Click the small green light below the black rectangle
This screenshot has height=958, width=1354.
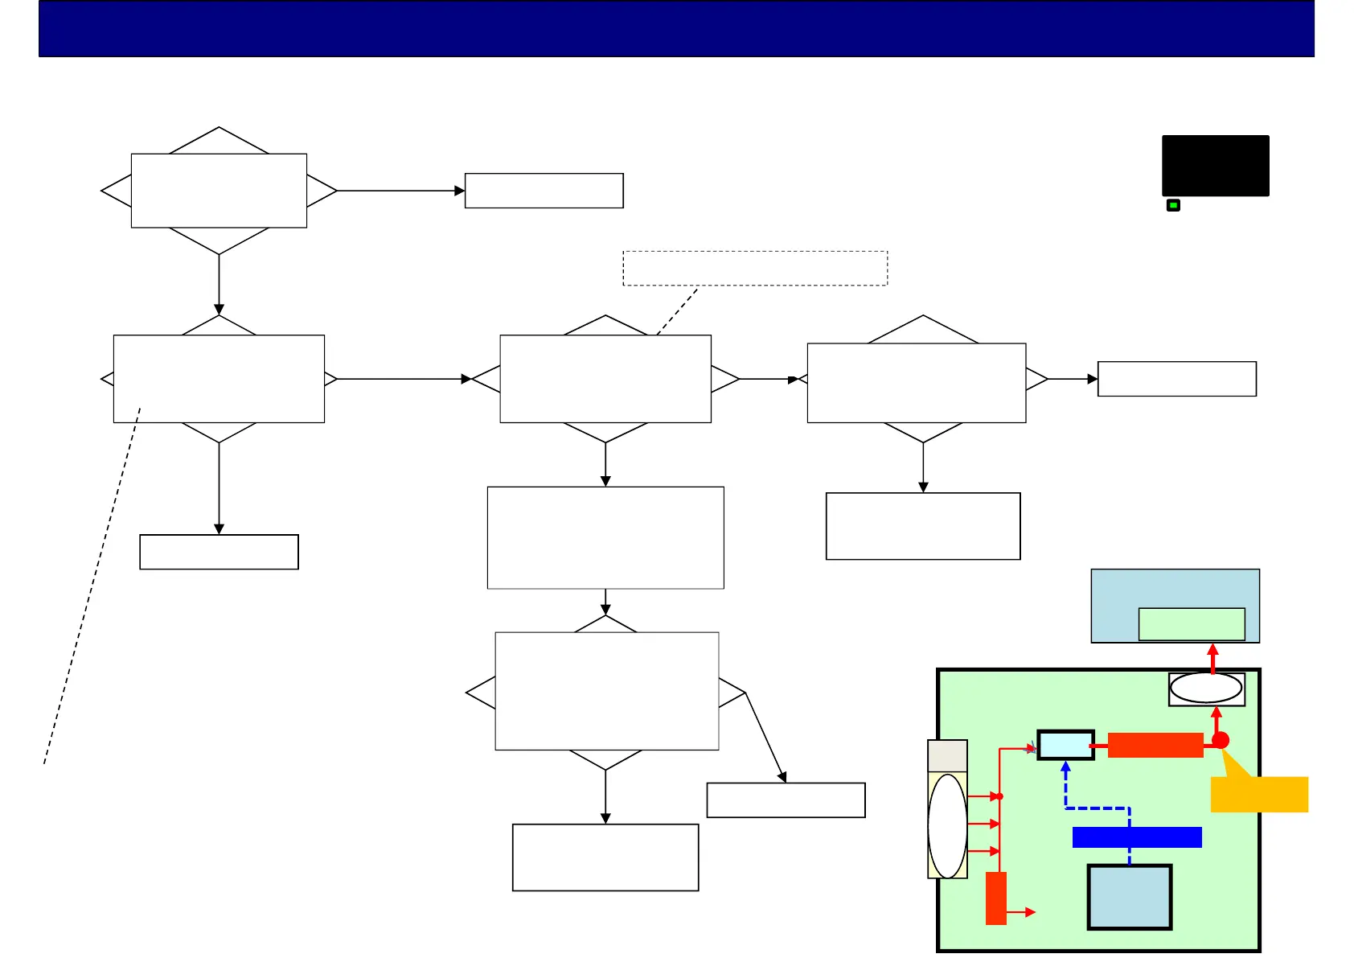(x=1173, y=206)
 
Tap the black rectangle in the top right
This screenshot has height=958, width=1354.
(x=1215, y=166)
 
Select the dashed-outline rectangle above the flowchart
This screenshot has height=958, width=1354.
(x=755, y=268)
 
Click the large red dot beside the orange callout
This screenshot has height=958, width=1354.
(x=1221, y=740)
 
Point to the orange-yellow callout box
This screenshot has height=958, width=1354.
(x=1259, y=794)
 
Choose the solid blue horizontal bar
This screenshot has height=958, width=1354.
(x=1137, y=837)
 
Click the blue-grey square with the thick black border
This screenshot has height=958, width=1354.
(x=1129, y=897)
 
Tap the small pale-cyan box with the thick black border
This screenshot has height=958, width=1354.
(x=1065, y=745)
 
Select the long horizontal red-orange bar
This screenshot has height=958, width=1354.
(x=1155, y=745)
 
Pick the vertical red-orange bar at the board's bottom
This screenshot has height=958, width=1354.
(x=996, y=898)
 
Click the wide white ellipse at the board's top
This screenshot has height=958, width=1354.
(x=1206, y=689)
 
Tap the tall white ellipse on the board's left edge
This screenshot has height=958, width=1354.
(x=947, y=825)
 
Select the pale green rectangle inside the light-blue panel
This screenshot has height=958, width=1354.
(x=1192, y=624)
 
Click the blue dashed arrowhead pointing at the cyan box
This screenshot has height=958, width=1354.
(x=1065, y=767)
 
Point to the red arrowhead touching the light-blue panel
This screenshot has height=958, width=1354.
(x=1213, y=649)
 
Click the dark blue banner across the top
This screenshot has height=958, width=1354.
(x=676, y=28)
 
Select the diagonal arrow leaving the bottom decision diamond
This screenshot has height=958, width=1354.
(x=765, y=737)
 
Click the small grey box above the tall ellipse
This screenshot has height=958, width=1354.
(x=947, y=756)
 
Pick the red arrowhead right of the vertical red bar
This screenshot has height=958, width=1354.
(x=1030, y=912)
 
